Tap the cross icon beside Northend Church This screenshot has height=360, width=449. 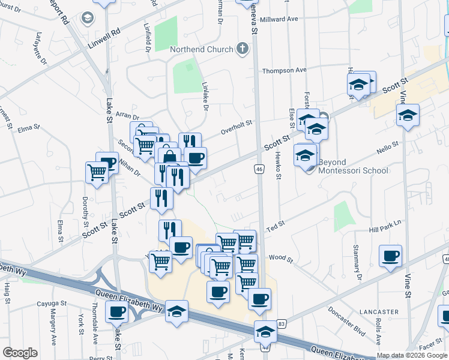coord(243,49)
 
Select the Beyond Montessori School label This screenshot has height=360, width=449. coord(353,166)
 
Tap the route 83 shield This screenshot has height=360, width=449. coord(282,323)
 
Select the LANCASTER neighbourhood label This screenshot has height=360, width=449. coord(379,312)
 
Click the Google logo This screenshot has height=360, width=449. coord(20,353)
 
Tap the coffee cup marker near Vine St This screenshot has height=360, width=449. coord(390,256)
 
